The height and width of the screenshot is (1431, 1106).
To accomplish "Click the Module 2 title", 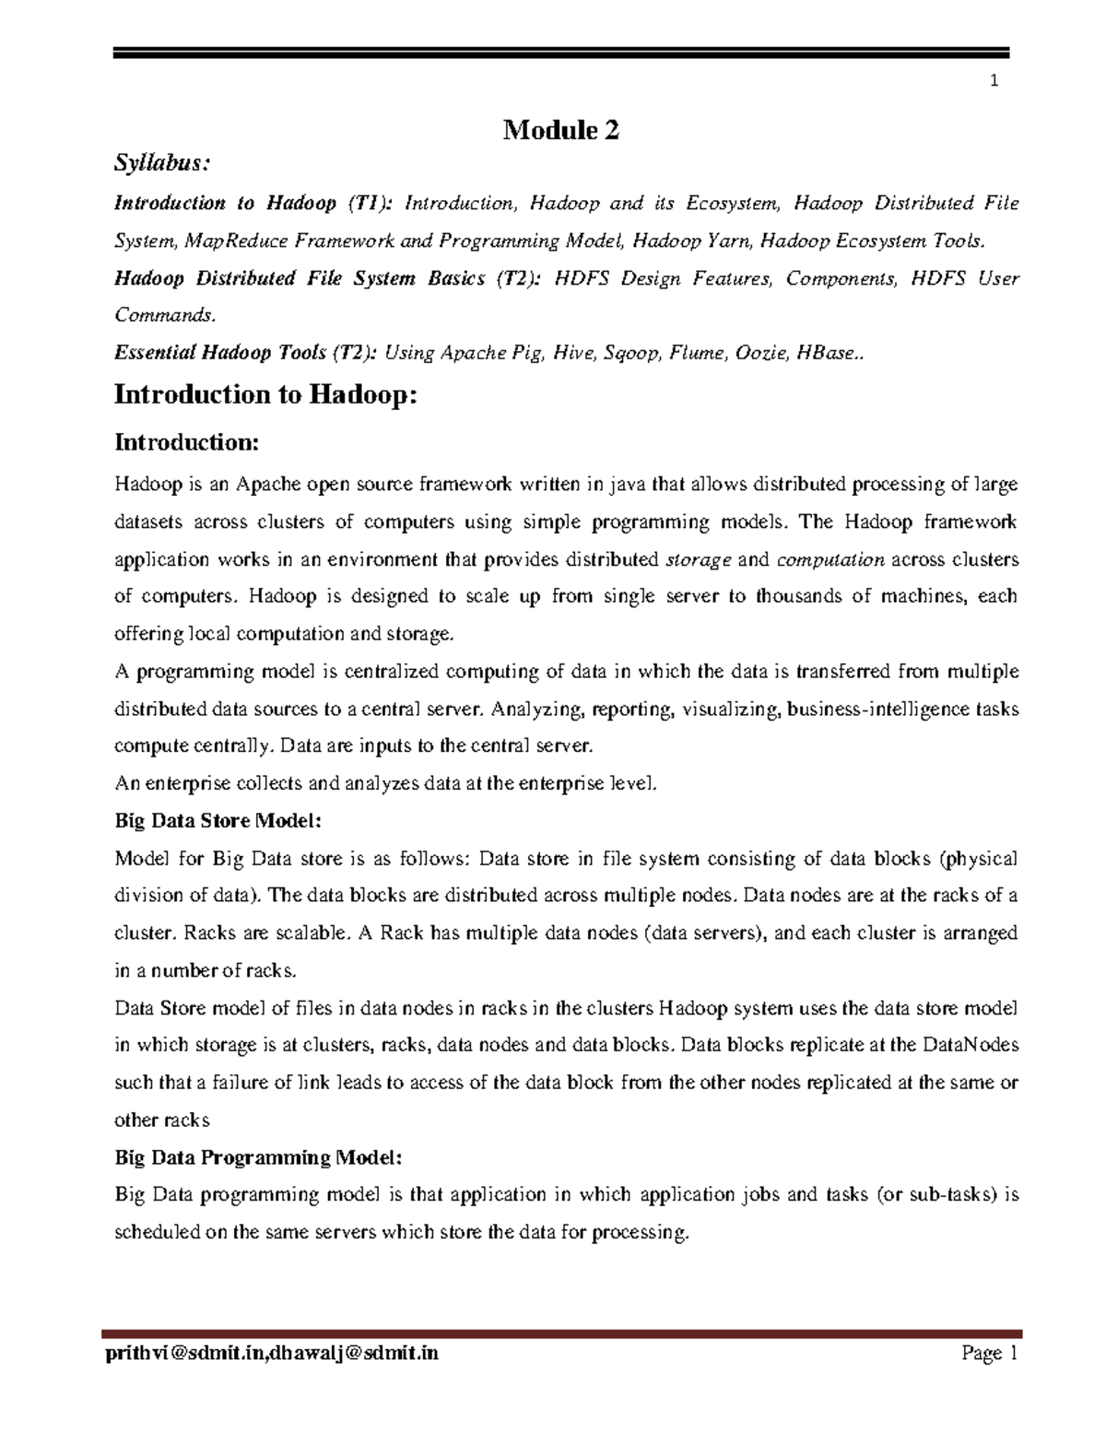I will [x=560, y=131].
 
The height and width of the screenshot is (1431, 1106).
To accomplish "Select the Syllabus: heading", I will [x=162, y=164].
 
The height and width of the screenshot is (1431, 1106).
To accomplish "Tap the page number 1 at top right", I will [x=994, y=81].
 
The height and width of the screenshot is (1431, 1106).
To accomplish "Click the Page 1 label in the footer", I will [x=988, y=1354].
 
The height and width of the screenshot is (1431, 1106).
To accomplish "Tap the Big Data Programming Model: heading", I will [x=258, y=1156].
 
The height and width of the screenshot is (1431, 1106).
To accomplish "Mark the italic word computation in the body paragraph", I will [x=830, y=559].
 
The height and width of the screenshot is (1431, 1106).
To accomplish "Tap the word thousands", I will [x=799, y=596].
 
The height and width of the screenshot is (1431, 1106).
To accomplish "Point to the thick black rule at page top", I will [x=561, y=54].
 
